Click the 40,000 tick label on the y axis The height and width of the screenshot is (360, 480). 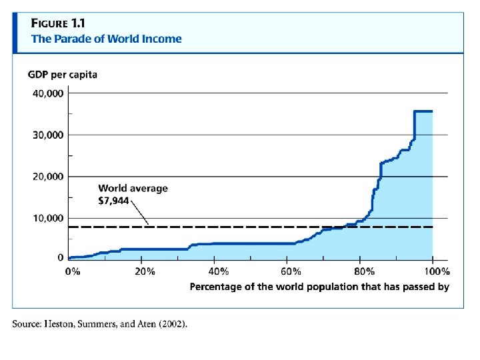pyautogui.click(x=49, y=93)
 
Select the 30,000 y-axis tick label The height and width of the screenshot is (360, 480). pyautogui.click(x=49, y=135)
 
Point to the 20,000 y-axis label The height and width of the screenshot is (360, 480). pyautogui.click(x=49, y=177)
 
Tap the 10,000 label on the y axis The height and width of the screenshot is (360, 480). pyautogui.click(x=49, y=218)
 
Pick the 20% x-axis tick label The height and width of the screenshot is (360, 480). pyautogui.click(x=145, y=271)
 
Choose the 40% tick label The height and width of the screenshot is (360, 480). pyautogui.click(x=219, y=271)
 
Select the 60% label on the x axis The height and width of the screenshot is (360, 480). pyautogui.click(x=291, y=271)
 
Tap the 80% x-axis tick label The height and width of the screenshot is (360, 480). pyautogui.click(x=365, y=271)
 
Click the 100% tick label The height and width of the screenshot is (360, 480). pyautogui.click(x=436, y=271)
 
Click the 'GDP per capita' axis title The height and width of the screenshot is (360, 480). pyautogui.click(x=62, y=75)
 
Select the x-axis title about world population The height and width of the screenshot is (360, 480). pyautogui.click(x=319, y=287)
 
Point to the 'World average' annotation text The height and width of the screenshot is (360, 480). pyautogui.click(x=133, y=188)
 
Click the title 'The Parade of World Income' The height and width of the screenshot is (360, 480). pyautogui.click(x=106, y=39)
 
